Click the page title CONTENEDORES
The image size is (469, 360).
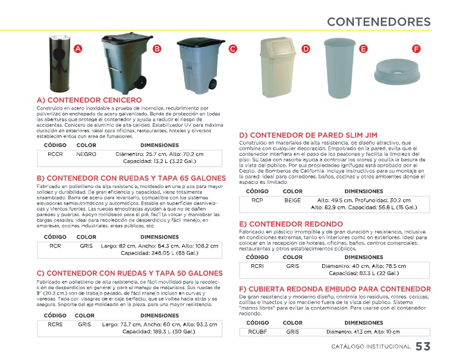pyautogui.click(x=379, y=22)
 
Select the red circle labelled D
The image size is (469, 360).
pyautogui.click(x=306, y=49)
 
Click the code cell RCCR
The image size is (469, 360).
pyautogui.click(x=56, y=154)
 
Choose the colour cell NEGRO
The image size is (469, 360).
pyautogui.click(x=87, y=154)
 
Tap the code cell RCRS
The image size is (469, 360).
pyautogui.click(x=56, y=324)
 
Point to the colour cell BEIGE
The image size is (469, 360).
pyautogui.click(x=292, y=201)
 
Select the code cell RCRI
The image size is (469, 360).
pyautogui.click(x=257, y=266)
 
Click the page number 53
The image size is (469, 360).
pyautogui.click(x=423, y=346)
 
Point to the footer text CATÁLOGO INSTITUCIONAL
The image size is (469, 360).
pyautogui.click(x=371, y=347)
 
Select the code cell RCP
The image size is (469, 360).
pyautogui.click(x=257, y=201)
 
